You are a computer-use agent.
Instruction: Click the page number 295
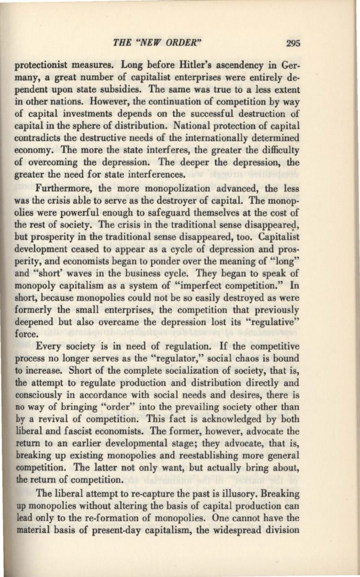293,44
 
